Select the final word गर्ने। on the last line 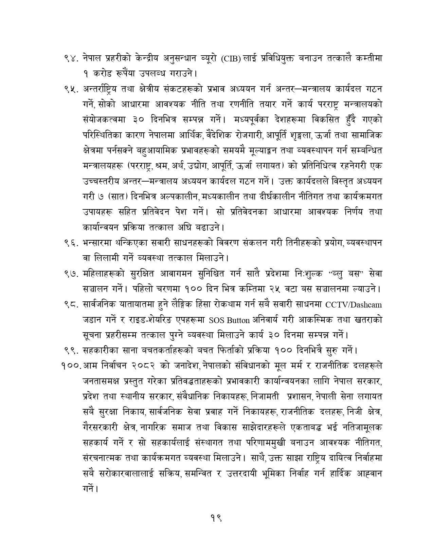click(x=90, y=489)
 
